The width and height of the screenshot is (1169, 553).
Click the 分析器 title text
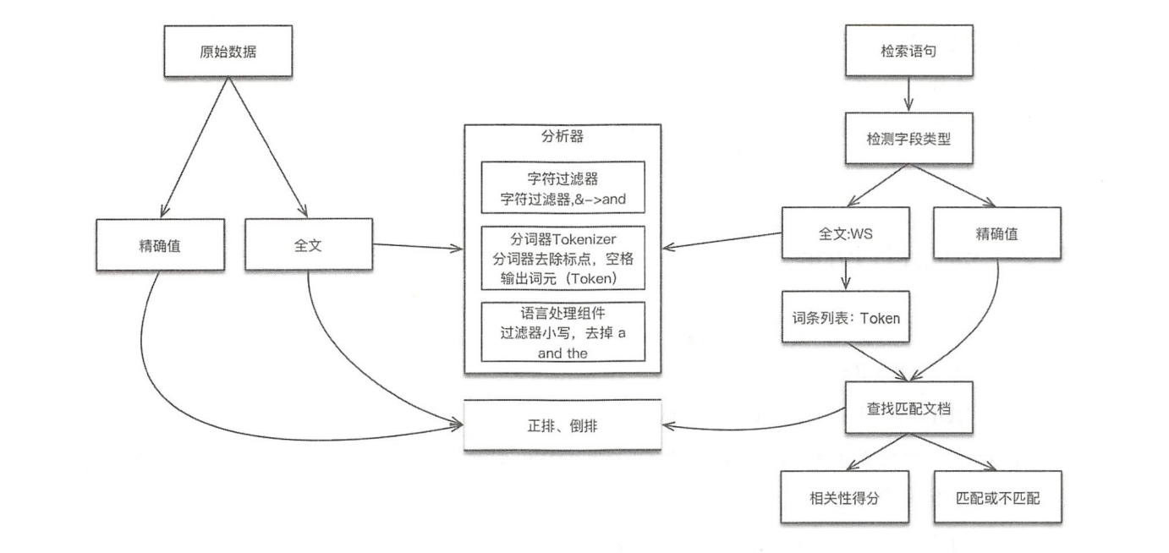tap(563, 138)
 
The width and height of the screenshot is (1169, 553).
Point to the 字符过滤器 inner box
tap(563, 187)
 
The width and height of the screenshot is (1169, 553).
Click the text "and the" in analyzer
tap(563, 353)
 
